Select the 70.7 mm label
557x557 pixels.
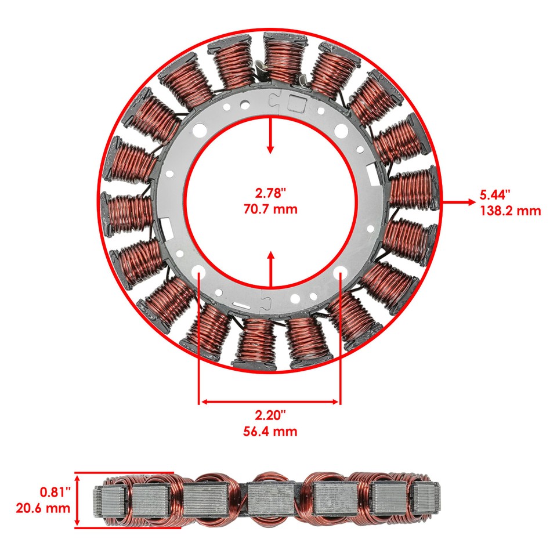pos(270,209)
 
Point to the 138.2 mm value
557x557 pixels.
pos(510,210)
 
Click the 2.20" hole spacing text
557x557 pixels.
pos(270,415)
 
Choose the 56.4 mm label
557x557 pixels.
pos(270,431)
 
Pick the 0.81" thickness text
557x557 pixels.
pos(55,492)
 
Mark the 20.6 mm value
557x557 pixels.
pos(44,508)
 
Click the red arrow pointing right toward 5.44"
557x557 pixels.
pos(458,202)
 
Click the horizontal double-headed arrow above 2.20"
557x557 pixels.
pos(270,401)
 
